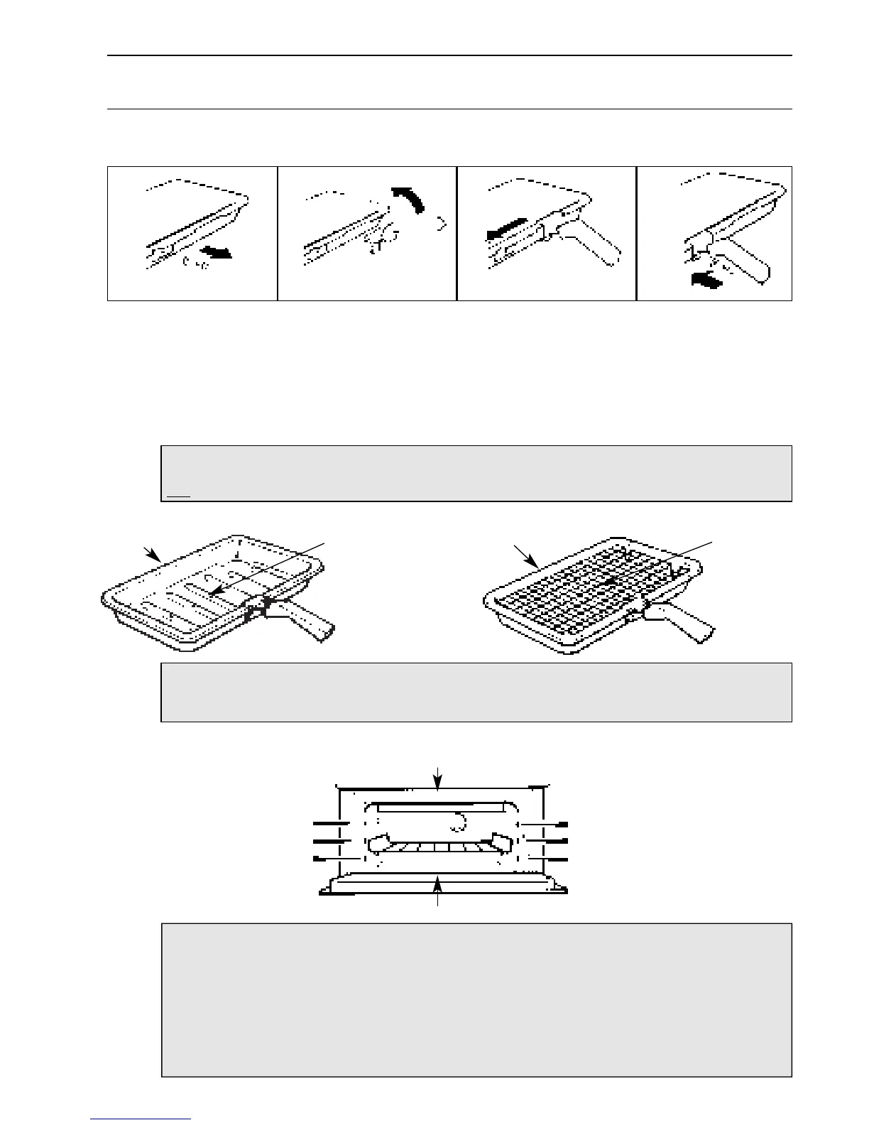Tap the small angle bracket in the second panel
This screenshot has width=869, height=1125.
(444, 224)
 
